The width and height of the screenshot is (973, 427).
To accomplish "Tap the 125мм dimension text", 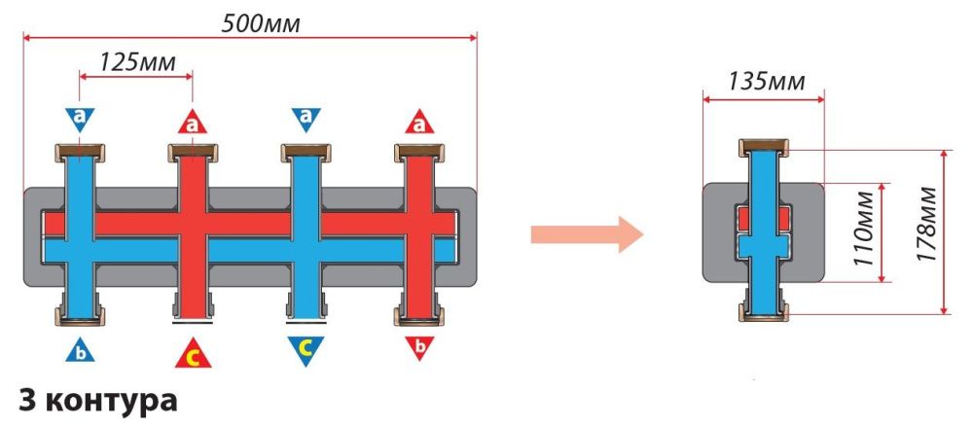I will (x=139, y=61).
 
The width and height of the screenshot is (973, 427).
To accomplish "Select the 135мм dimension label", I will (x=767, y=81).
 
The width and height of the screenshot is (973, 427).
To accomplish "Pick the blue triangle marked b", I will (x=80, y=348).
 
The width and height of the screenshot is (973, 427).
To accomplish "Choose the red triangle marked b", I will (x=420, y=346).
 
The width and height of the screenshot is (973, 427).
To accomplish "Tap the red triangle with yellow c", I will (x=194, y=354).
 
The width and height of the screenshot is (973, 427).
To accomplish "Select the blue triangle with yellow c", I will (x=306, y=348).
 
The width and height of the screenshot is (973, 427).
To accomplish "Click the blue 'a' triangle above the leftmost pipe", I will (x=80, y=119).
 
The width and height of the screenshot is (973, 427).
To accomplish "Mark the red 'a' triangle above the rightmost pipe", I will (x=420, y=123).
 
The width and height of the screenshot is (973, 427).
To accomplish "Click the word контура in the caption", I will (x=109, y=400).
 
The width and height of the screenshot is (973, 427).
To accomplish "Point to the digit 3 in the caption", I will (x=25, y=400).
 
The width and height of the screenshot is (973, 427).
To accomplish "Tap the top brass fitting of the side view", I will (x=764, y=148).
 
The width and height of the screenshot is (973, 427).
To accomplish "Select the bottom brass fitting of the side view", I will (x=764, y=313).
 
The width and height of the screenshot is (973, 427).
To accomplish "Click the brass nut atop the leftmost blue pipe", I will (x=79, y=152).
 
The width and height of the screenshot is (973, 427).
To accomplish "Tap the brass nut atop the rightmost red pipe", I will (x=420, y=152).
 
